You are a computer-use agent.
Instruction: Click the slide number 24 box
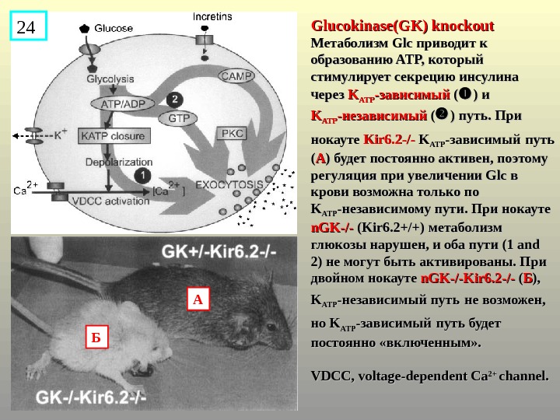pos(28,28)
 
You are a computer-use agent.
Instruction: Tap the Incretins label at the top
pos(211,15)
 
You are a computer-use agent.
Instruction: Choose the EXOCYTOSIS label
pos(229,185)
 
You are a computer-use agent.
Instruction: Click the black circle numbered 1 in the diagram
pos(143,176)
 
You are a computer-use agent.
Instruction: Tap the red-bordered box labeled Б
pos(96,338)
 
